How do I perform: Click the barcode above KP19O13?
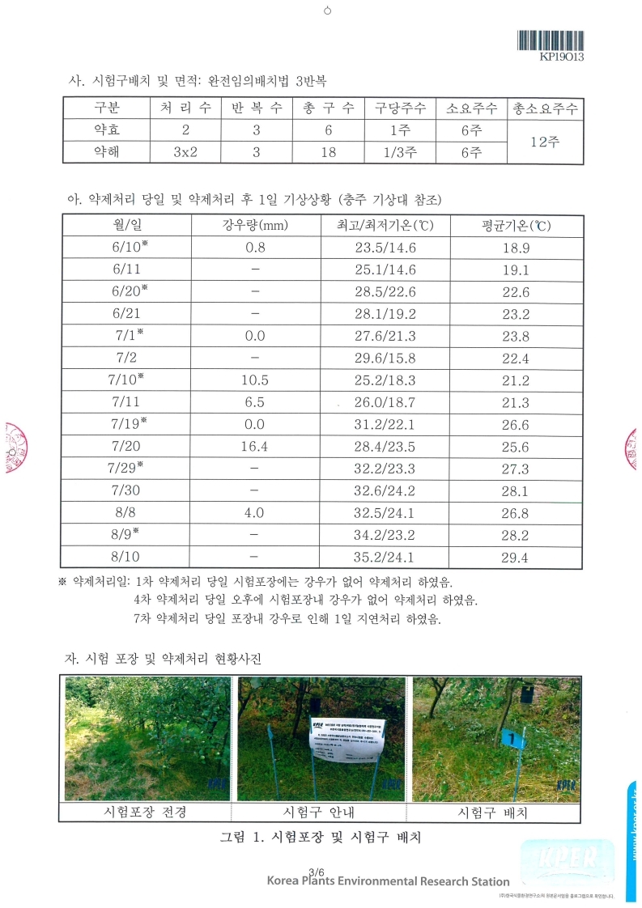(x=551, y=40)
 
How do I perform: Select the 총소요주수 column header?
(x=542, y=108)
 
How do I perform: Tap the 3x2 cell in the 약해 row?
(x=185, y=152)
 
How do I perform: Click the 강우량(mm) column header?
(x=255, y=227)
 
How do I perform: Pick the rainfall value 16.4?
(x=255, y=447)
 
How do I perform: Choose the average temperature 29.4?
(x=515, y=557)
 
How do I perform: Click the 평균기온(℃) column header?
(x=515, y=227)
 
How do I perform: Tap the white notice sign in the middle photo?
(x=343, y=740)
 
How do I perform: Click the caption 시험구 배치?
(x=493, y=812)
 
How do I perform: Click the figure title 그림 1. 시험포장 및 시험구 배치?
(x=321, y=838)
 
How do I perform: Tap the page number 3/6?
(x=317, y=871)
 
